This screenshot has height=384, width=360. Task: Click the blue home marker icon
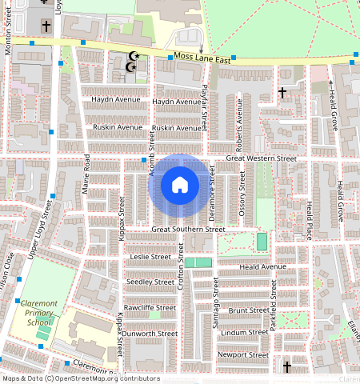coord(180,186)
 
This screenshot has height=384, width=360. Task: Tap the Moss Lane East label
coord(203,59)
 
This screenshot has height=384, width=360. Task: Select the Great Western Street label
coord(261,158)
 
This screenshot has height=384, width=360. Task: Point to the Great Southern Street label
coord(188,230)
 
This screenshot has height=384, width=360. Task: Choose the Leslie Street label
coord(150,257)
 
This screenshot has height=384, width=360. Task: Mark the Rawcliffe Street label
coord(150,307)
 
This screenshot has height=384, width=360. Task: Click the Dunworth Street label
coord(150,333)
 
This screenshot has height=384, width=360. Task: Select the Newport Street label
coord(243,354)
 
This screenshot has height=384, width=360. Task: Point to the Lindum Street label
coord(244,332)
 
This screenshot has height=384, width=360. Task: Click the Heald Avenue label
coord(262,266)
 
